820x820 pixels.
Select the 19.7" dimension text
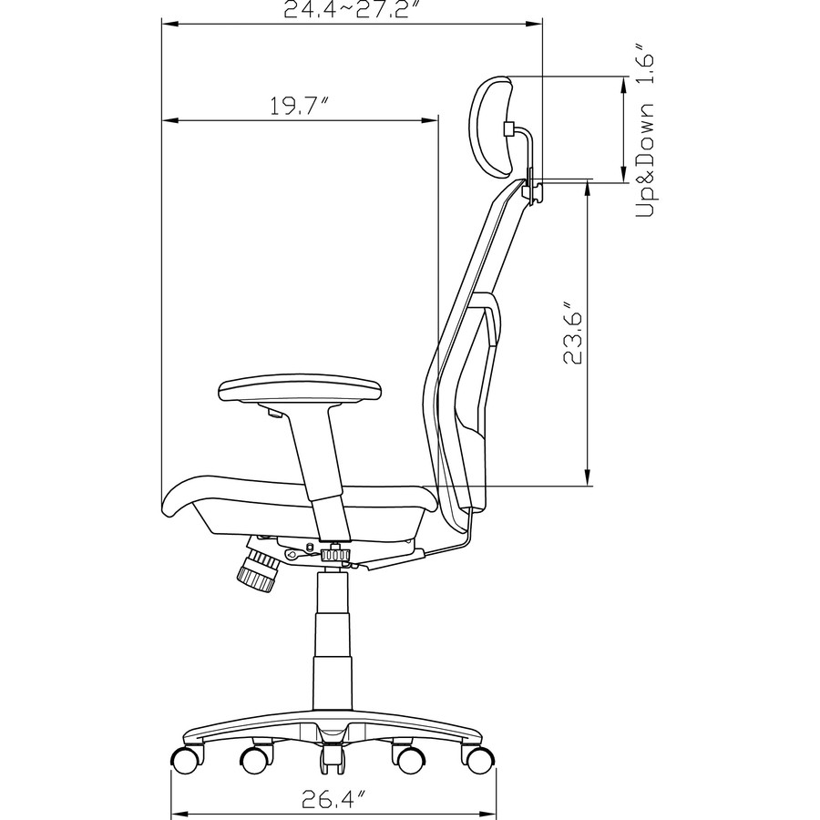[x=298, y=107]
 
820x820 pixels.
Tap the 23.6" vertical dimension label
[x=571, y=333]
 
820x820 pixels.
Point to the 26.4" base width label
[x=334, y=802]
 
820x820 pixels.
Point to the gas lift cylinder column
[x=333, y=638]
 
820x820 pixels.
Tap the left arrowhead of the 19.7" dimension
[x=169, y=120]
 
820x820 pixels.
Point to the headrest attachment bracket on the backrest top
[x=533, y=187]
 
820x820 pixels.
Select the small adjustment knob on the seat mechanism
[x=337, y=554]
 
